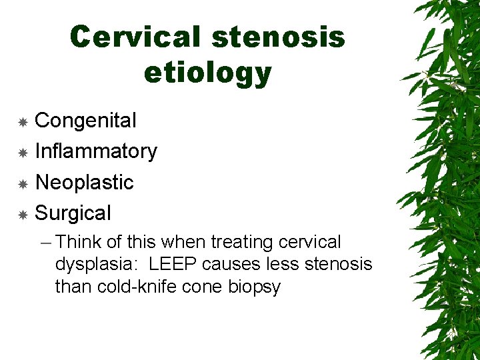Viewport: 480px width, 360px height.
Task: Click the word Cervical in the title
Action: coord(135,37)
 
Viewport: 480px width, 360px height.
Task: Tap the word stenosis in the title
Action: coord(278,37)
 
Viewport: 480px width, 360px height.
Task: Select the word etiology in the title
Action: coord(207,73)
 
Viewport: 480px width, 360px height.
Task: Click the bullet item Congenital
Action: coord(85,121)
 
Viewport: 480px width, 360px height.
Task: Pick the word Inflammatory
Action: coord(96,151)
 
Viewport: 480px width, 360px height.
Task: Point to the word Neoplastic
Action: coord(84,182)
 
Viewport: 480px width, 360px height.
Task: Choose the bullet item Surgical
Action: coord(73,213)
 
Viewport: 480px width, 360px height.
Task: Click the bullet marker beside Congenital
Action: coord(23,122)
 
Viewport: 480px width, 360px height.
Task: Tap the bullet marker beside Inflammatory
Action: coord(23,153)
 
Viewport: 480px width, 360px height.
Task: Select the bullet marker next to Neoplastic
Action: coord(23,183)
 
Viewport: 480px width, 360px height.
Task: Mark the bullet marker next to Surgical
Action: coord(23,215)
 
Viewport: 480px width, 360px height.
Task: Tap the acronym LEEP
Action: coord(173,265)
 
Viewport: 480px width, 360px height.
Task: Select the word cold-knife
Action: coord(127,287)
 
